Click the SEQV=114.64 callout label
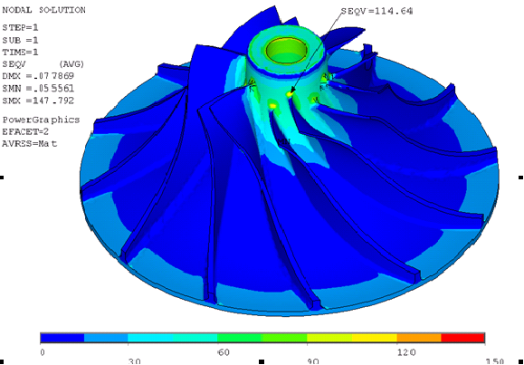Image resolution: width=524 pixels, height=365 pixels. [x=377, y=11]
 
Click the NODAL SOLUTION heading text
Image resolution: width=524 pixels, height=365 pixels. [x=43, y=10]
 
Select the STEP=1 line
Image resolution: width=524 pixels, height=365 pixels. [x=20, y=27]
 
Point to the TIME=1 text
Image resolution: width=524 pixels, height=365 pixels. [x=20, y=53]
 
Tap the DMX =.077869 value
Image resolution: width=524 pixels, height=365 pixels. [x=38, y=76]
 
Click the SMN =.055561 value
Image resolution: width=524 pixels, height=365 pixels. [x=38, y=89]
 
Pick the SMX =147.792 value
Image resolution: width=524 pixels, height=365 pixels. [x=38, y=101]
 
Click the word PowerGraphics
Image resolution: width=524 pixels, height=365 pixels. [x=41, y=120]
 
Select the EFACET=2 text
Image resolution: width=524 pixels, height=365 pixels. [x=25, y=131]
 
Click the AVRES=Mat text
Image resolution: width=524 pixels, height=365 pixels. [x=29, y=144]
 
